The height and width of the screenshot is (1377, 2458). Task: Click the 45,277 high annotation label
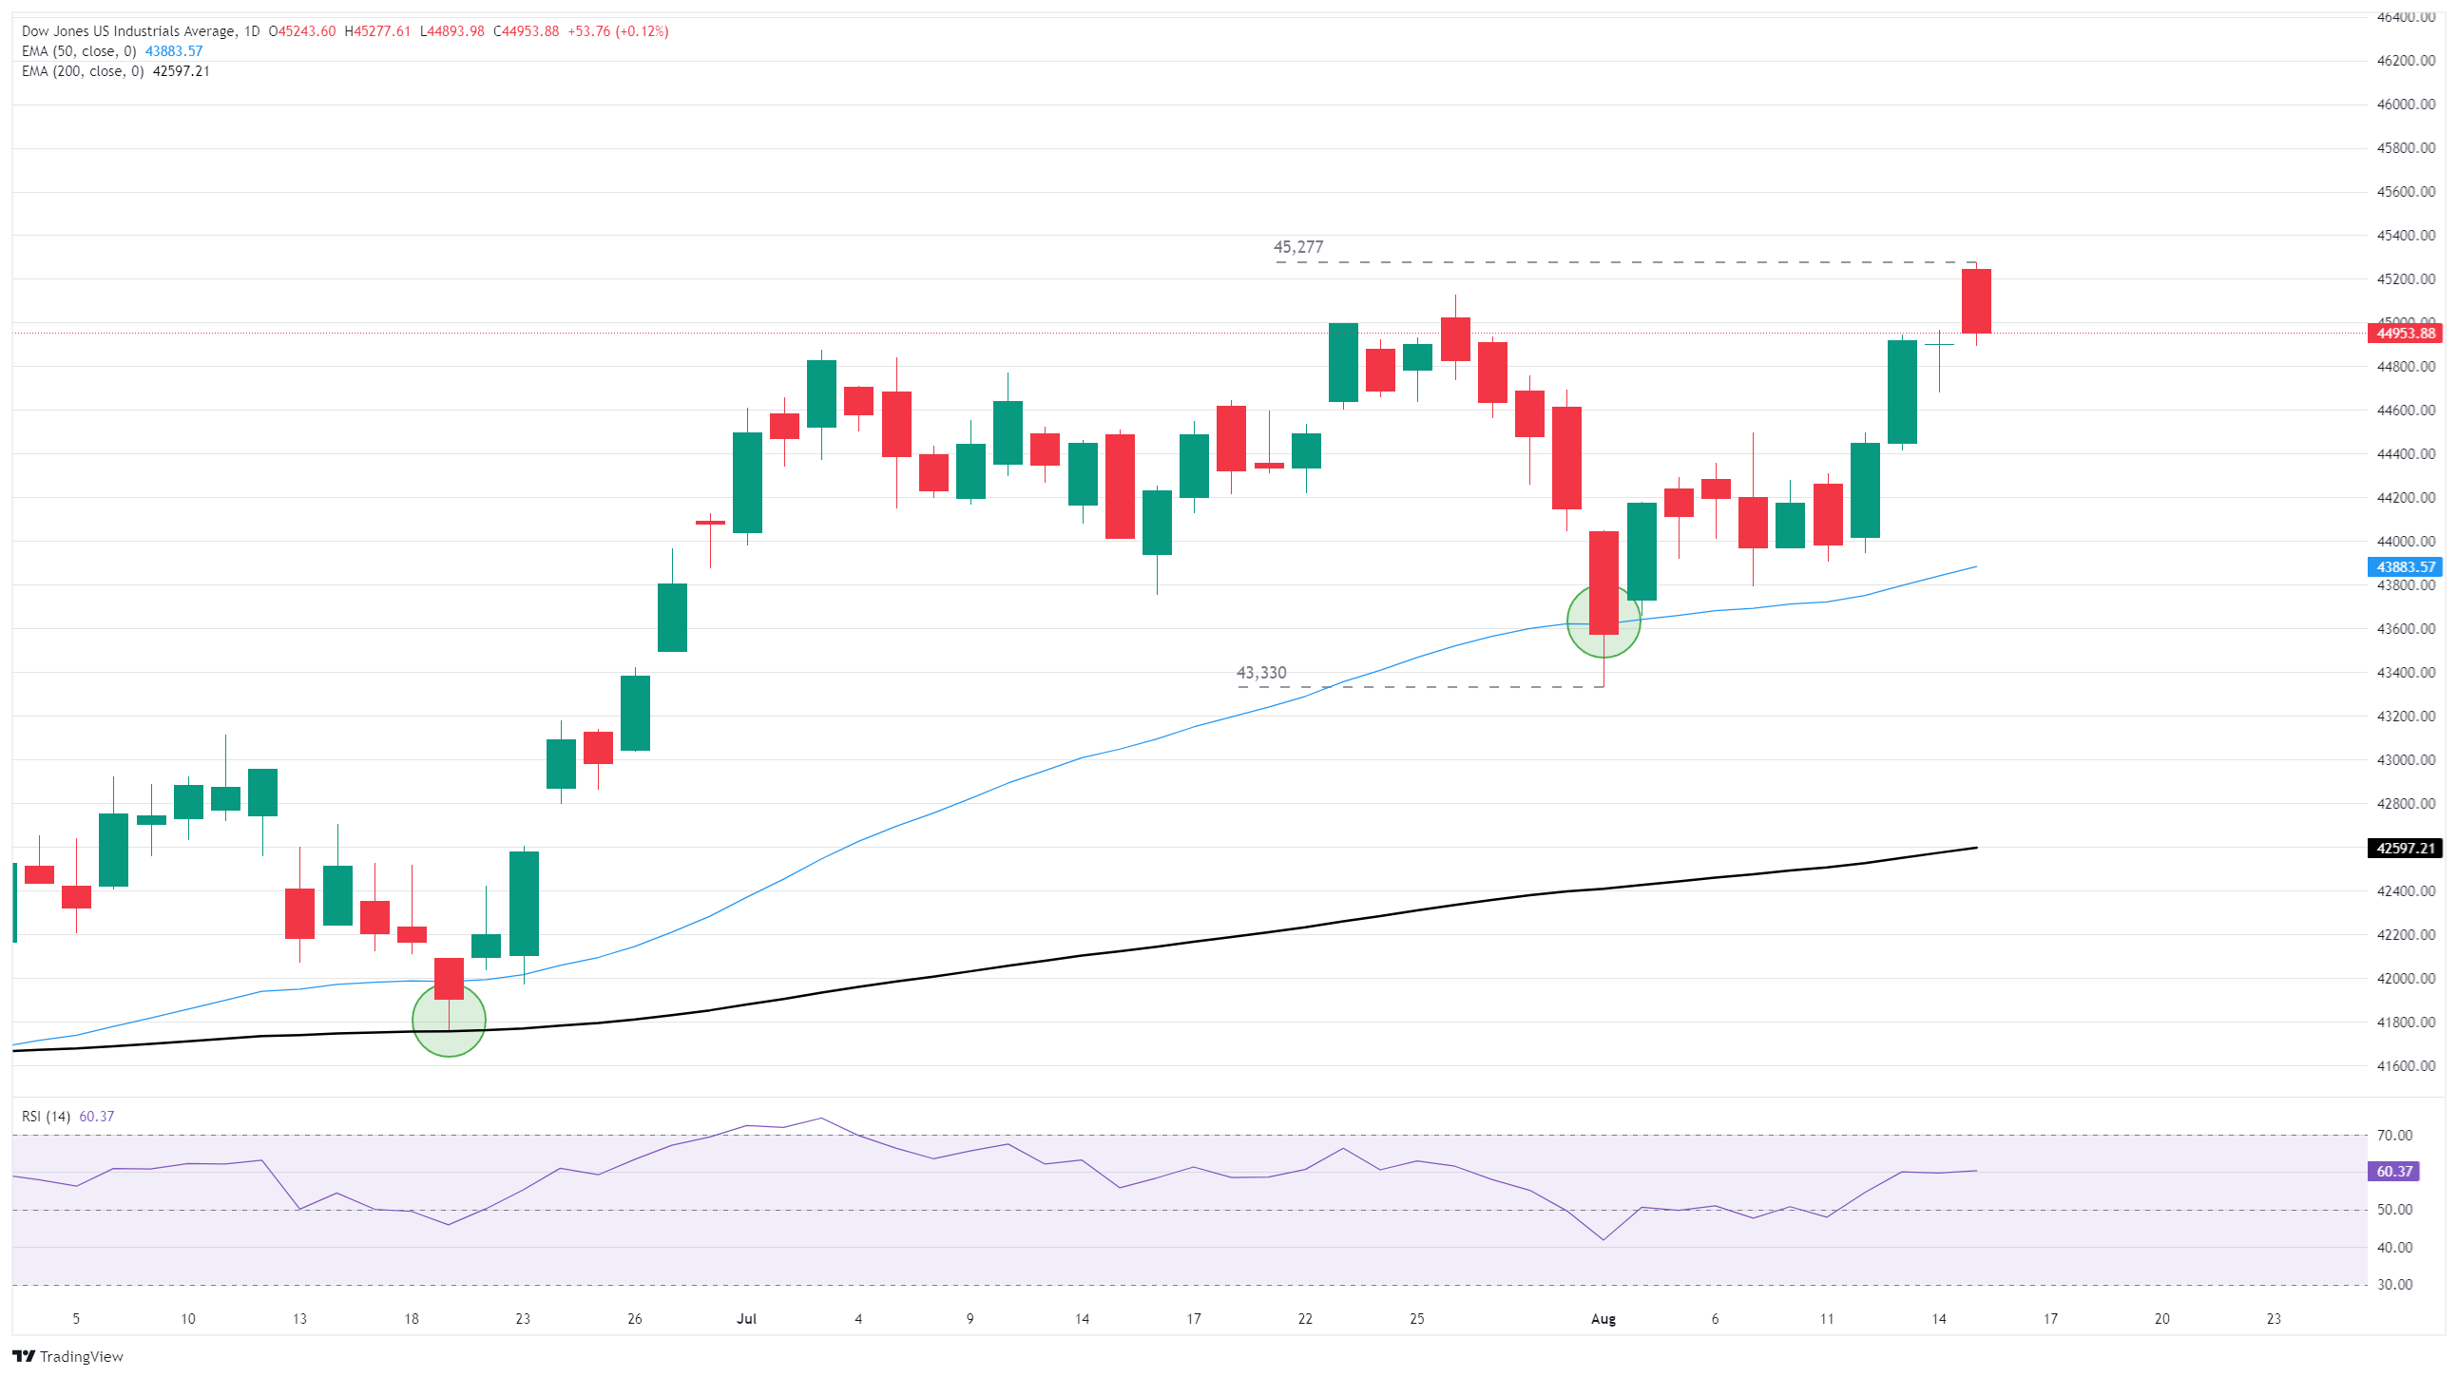[1297, 247]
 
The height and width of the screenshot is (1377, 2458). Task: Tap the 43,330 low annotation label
[1260, 673]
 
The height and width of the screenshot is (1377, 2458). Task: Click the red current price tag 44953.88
[2405, 333]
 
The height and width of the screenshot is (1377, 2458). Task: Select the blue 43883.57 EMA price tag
[2405, 566]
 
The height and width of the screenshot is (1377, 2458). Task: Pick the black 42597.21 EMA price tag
[2405, 849]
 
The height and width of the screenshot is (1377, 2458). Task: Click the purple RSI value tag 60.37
[2393, 1171]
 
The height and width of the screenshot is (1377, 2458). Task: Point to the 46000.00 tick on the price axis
[2405, 104]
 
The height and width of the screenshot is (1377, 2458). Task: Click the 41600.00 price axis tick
[2405, 1066]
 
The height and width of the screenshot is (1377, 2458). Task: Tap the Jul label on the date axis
[746, 1319]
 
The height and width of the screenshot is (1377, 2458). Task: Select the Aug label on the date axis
[1603, 1319]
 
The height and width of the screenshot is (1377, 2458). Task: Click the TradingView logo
[67, 1356]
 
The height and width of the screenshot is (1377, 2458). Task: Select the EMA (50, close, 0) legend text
[79, 51]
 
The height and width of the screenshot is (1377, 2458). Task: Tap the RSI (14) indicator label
[46, 1117]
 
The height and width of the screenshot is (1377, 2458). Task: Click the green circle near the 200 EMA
[449, 1021]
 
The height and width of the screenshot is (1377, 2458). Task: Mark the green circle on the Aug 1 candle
[1603, 622]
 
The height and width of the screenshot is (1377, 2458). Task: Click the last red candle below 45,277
[1975, 300]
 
